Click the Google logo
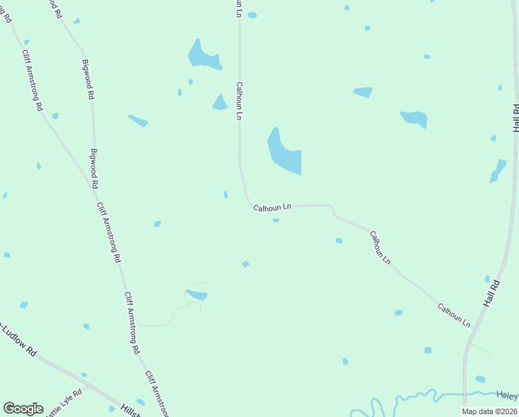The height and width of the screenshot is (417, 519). (x=23, y=409)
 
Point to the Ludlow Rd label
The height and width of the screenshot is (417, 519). (x=17, y=339)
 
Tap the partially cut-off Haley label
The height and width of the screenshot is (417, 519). (x=507, y=395)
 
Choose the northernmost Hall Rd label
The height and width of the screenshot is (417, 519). (x=516, y=118)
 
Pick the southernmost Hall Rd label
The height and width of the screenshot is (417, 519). (x=491, y=295)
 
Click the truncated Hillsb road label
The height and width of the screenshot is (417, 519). (x=130, y=411)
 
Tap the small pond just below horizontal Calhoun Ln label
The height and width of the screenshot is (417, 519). (x=275, y=221)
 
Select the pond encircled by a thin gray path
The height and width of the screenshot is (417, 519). (x=197, y=295)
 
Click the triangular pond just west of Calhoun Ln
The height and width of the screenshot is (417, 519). (x=220, y=103)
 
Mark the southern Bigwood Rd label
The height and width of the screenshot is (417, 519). (x=94, y=169)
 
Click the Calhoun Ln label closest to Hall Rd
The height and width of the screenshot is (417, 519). (x=454, y=316)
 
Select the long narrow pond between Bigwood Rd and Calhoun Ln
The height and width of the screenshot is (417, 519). (x=138, y=121)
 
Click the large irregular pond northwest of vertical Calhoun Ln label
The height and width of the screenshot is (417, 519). (x=202, y=56)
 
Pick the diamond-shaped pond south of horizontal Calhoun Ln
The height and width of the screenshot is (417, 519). (x=245, y=264)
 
